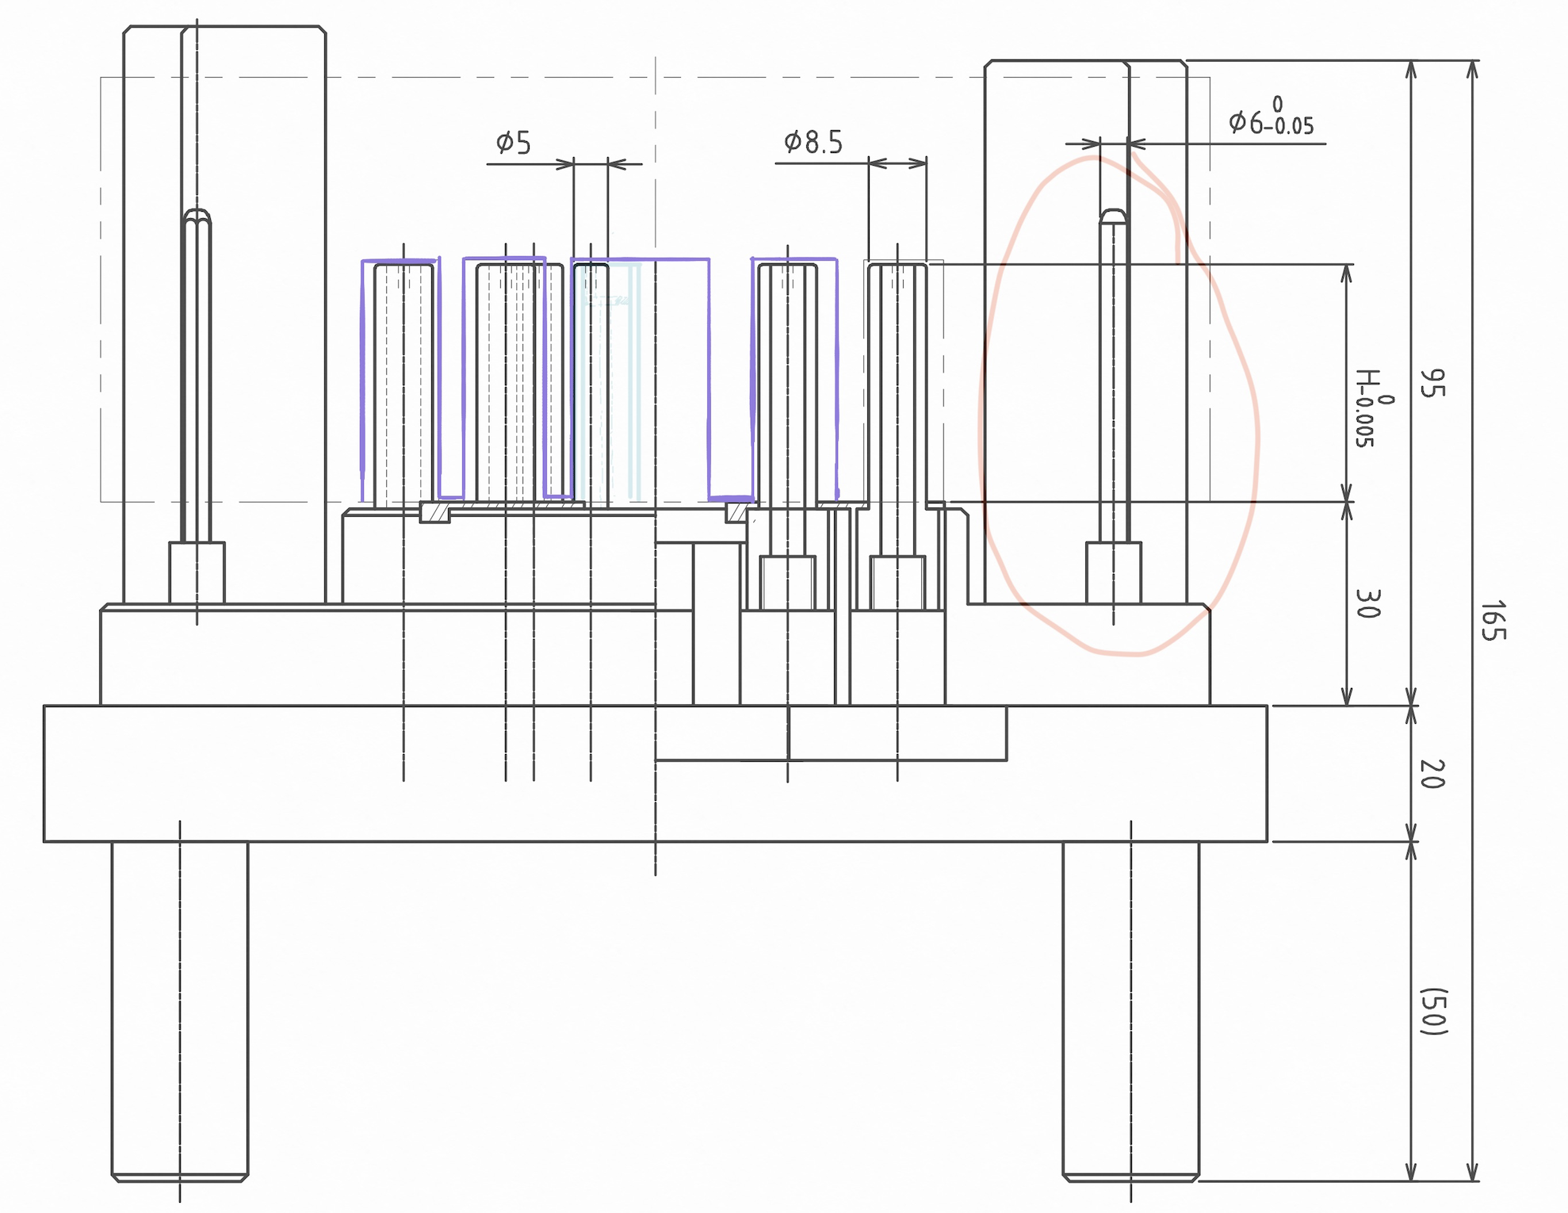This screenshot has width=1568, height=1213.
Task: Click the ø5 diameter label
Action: pyautogui.click(x=514, y=143)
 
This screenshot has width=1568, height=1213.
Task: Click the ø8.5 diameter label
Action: pyautogui.click(x=813, y=143)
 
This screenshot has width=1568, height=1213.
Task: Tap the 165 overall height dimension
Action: pyautogui.click(x=1493, y=620)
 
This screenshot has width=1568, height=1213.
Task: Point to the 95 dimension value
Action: pyautogui.click(x=1432, y=383)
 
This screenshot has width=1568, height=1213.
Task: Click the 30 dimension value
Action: pyautogui.click(x=1368, y=603)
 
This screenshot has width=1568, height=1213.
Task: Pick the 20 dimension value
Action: pyautogui.click(x=1432, y=774)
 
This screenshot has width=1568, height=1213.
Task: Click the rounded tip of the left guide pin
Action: pyautogui.click(x=197, y=215)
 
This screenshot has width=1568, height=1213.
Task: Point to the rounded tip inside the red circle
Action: pyautogui.click(x=1113, y=216)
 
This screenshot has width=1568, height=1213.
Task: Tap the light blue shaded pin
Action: pyautogui.click(x=610, y=381)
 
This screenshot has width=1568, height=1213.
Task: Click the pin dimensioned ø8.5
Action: pyautogui.click(x=897, y=381)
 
